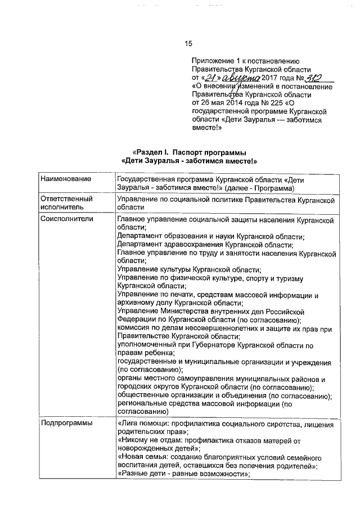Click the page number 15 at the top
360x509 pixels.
point(189,44)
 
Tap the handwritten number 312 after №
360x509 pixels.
point(318,78)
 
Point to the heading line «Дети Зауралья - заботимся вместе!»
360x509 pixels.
point(189,161)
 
